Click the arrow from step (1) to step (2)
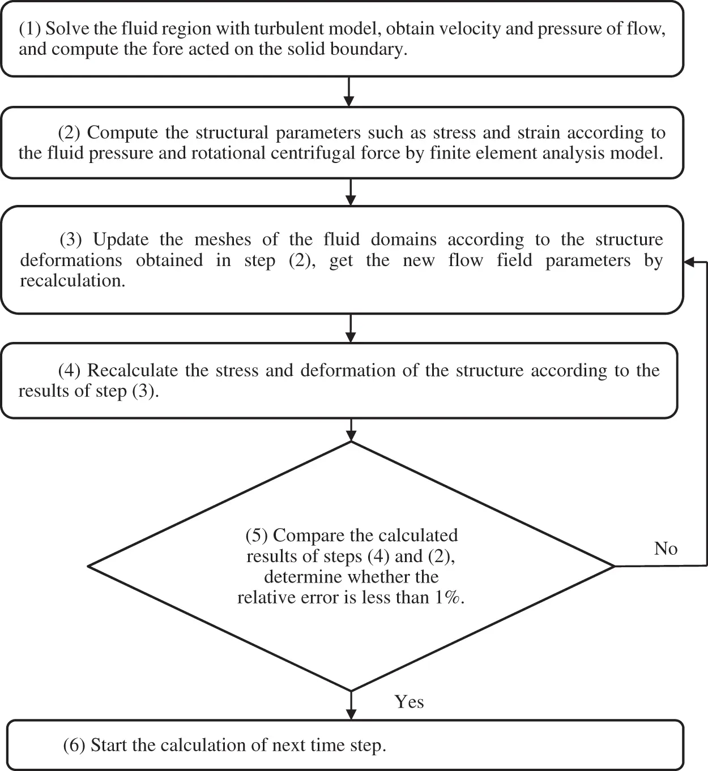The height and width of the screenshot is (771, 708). tap(348, 92)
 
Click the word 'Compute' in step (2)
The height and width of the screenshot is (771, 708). tap(122, 133)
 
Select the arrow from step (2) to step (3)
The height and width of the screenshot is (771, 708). tap(351, 192)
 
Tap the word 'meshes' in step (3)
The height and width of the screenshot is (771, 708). tap(223, 240)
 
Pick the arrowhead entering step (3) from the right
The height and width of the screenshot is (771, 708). tap(688, 262)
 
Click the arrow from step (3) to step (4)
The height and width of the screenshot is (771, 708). tap(351, 328)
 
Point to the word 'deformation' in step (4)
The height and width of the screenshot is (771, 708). tap(348, 371)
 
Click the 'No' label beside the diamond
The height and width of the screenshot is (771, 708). tap(666, 549)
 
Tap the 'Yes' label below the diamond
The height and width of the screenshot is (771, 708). tap(409, 702)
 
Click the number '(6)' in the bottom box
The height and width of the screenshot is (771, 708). tap(74, 746)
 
